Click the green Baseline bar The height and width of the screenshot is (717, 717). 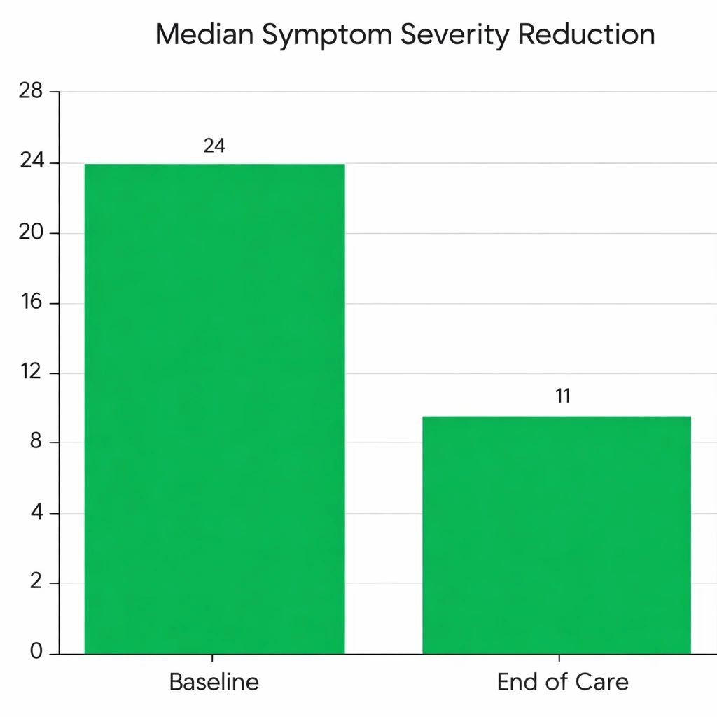click(214, 408)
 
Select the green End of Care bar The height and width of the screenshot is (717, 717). click(557, 535)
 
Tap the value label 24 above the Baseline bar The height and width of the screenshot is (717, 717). click(214, 146)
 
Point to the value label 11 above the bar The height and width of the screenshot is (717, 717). click(563, 396)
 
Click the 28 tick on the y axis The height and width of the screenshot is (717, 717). click(31, 91)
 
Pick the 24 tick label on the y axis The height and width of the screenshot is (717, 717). click(31, 162)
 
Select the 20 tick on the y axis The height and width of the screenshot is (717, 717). click(31, 232)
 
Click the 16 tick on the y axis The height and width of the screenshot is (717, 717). click(31, 302)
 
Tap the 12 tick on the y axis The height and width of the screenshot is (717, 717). click(31, 373)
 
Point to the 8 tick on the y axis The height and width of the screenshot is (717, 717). click(36, 443)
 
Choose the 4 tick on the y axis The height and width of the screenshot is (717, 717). click(36, 513)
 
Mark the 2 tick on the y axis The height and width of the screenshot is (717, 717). click(36, 583)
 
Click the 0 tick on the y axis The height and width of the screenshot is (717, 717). click(36, 653)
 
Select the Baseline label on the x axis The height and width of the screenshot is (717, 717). click(214, 682)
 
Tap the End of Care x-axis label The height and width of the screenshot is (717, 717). click(562, 682)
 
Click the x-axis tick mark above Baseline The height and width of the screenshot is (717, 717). click(212, 659)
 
